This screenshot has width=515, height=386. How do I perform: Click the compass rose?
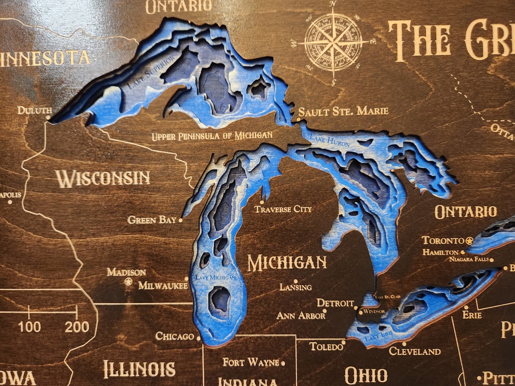(x=333, y=42)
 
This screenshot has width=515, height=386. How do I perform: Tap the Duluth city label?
(x=34, y=111)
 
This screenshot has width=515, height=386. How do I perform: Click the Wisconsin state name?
(x=103, y=179)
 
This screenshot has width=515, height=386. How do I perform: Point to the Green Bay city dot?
(x=180, y=220)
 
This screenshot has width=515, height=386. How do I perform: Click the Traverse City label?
(x=283, y=209)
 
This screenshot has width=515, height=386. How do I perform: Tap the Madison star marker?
(x=128, y=282)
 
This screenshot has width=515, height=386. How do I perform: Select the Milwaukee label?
(x=163, y=285)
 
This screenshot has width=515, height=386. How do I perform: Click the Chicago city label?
(x=174, y=336)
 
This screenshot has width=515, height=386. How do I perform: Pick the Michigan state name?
(x=287, y=263)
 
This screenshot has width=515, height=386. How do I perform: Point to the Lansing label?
(x=296, y=287)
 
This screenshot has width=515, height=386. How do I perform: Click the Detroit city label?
(x=335, y=303)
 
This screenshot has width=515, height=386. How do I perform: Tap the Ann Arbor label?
(x=300, y=315)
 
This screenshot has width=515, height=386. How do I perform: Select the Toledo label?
(x=326, y=346)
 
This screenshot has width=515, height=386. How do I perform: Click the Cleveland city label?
(x=415, y=352)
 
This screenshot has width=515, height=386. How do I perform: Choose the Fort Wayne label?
(x=250, y=363)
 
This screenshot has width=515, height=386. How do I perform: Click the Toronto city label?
(x=443, y=240)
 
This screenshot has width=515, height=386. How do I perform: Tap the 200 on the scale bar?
(x=77, y=326)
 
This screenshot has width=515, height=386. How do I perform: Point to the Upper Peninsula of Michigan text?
(x=212, y=136)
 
